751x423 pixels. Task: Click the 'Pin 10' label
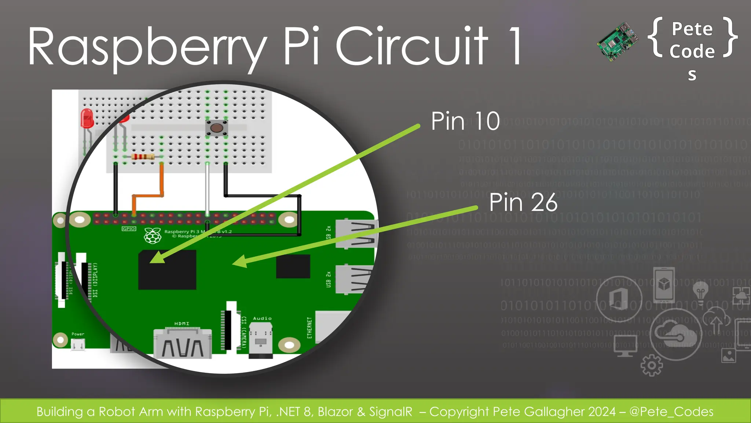click(x=465, y=121)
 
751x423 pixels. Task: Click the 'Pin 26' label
click(x=523, y=202)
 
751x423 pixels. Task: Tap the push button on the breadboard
click(x=216, y=128)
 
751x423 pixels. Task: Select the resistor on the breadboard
click(x=143, y=157)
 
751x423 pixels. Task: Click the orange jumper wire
click(x=161, y=184)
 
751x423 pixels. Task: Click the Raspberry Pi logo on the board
click(x=153, y=235)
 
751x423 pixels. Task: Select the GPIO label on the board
click(x=129, y=229)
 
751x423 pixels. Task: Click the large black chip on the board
click(x=167, y=270)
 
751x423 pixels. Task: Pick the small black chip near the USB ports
click(x=293, y=266)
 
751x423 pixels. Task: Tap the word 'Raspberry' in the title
click(x=147, y=48)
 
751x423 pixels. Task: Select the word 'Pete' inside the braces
click(x=692, y=29)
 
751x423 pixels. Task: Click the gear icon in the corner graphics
click(x=651, y=365)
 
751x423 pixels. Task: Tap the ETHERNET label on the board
click(x=309, y=328)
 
